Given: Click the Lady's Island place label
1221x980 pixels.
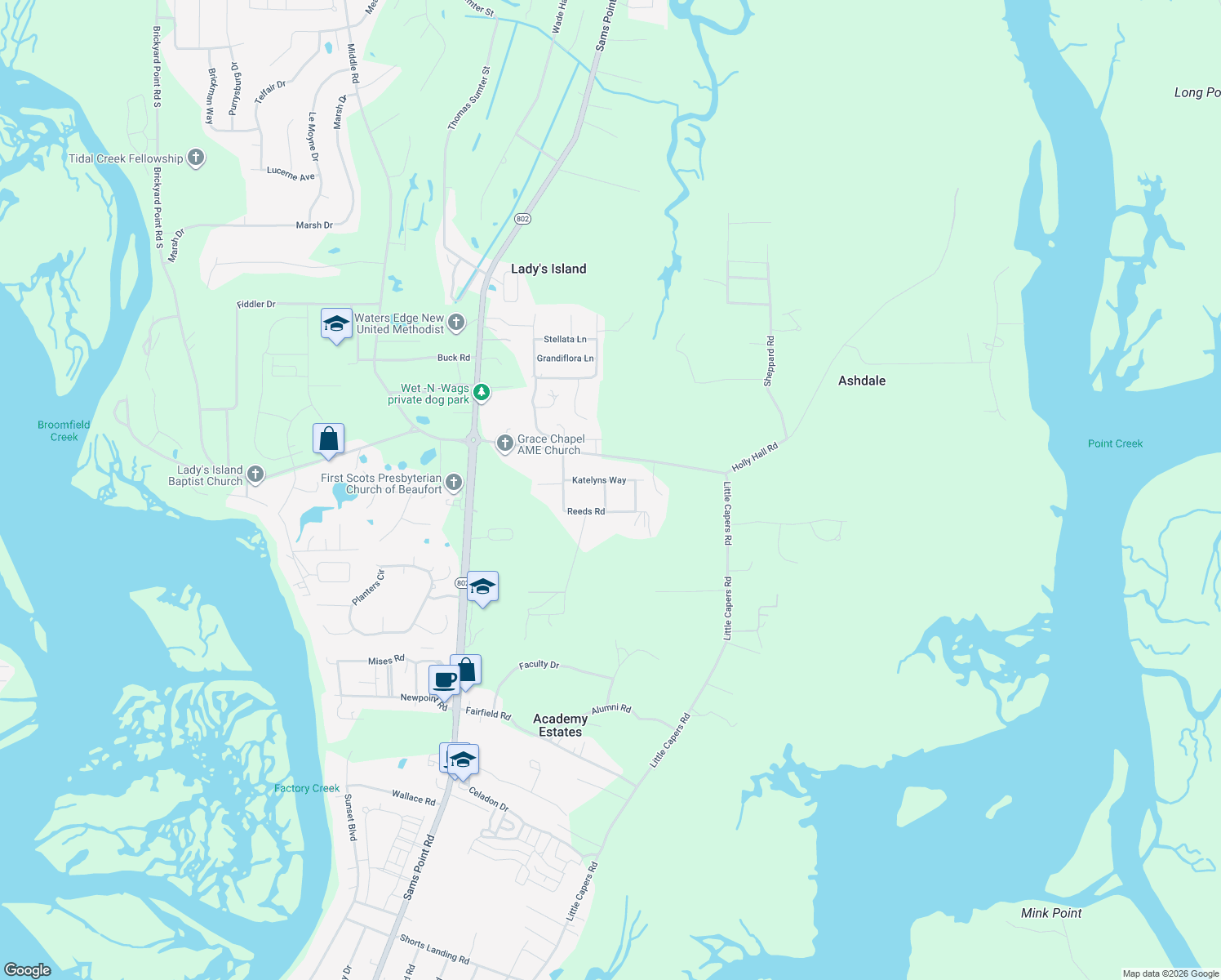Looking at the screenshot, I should click(548, 269).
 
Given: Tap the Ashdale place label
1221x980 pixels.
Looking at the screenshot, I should click(862, 381).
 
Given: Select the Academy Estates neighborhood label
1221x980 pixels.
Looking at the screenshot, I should click(560, 725).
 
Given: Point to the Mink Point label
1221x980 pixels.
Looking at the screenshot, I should click(1051, 913).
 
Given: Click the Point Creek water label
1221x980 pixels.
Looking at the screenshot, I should click(1115, 443).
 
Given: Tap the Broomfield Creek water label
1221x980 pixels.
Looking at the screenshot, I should click(64, 430).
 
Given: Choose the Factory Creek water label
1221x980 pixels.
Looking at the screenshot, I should click(307, 788).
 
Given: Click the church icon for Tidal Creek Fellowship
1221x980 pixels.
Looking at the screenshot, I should click(196, 158).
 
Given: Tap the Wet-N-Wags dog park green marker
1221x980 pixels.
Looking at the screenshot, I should click(482, 393).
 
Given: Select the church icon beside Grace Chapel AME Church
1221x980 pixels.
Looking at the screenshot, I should click(505, 443).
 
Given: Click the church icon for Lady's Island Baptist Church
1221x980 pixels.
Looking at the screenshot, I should click(255, 474).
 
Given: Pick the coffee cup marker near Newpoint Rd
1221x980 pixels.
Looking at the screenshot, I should click(445, 680).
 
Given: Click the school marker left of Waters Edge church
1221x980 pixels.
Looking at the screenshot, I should click(336, 324).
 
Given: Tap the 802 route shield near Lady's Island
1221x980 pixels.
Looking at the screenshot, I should click(523, 219).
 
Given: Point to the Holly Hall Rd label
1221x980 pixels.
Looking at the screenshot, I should click(755, 457).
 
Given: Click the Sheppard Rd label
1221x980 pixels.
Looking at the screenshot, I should click(770, 360).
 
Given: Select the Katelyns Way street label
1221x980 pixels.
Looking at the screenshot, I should click(599, 480).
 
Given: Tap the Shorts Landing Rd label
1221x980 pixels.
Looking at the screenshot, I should click(434, 948).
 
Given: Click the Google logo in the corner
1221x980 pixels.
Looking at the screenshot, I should click(28, 970).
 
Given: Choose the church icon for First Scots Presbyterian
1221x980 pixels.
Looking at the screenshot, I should click(454, 483).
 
